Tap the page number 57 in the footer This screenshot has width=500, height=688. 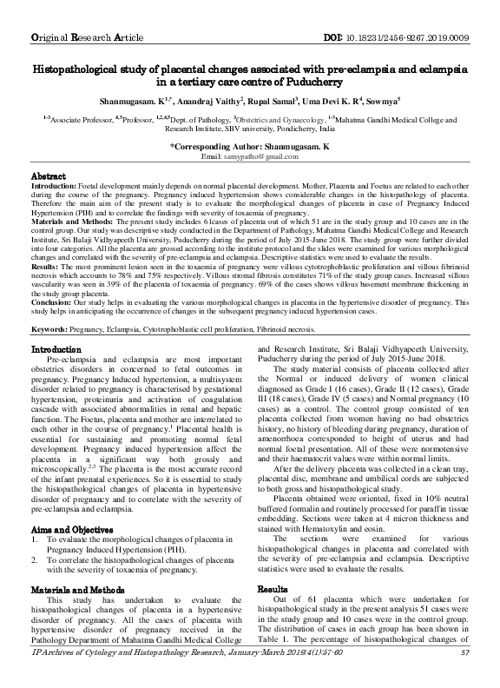tap(465, 677)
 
